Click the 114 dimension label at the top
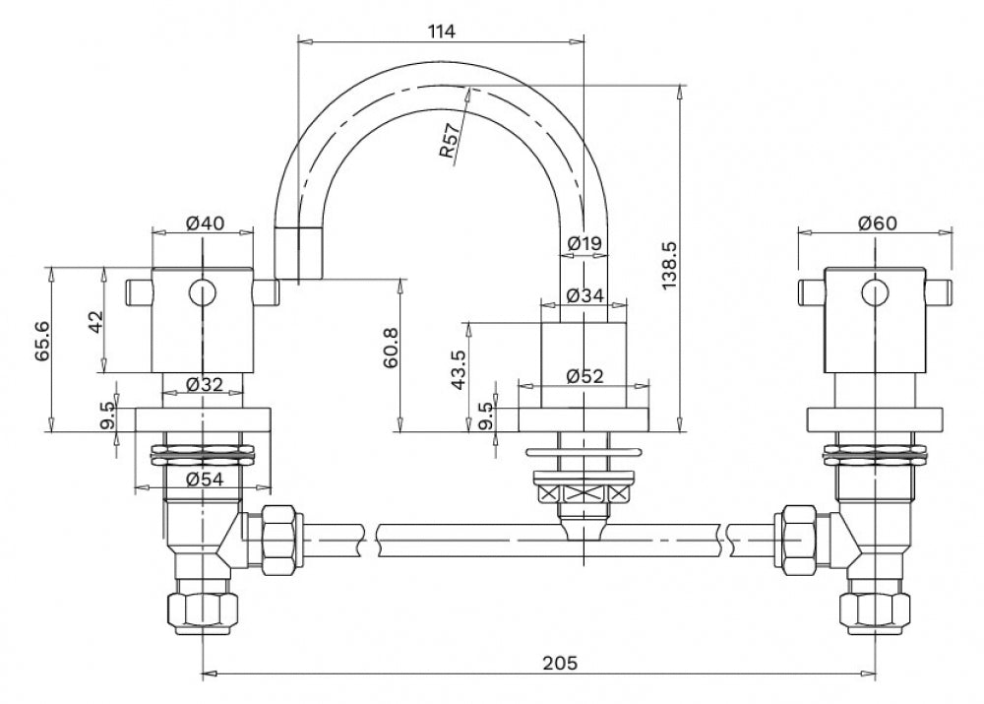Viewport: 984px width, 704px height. (442, 31)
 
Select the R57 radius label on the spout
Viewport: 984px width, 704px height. (450, 142)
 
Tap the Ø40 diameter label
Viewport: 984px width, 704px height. (206, 223)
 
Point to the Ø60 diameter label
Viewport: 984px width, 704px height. (878, 223)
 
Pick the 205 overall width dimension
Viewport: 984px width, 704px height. (560, 664)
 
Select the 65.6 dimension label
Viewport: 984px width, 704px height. (42, 341)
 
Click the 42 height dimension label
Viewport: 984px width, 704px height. (94, 322)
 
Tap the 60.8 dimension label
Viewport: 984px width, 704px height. (391, 348)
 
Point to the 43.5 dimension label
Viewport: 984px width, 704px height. (459, 370)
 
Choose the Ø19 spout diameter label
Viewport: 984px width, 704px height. (584, 242)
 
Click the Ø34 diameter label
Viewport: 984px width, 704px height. (584, 295)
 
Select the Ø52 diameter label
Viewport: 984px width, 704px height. (584, 375)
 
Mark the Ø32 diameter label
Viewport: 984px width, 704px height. (205, 384)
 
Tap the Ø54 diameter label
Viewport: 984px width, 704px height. (205, 480)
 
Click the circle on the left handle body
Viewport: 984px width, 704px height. (203, 292)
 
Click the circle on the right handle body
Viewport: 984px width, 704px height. (876, 292)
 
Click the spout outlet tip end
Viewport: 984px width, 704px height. (299, 279)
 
